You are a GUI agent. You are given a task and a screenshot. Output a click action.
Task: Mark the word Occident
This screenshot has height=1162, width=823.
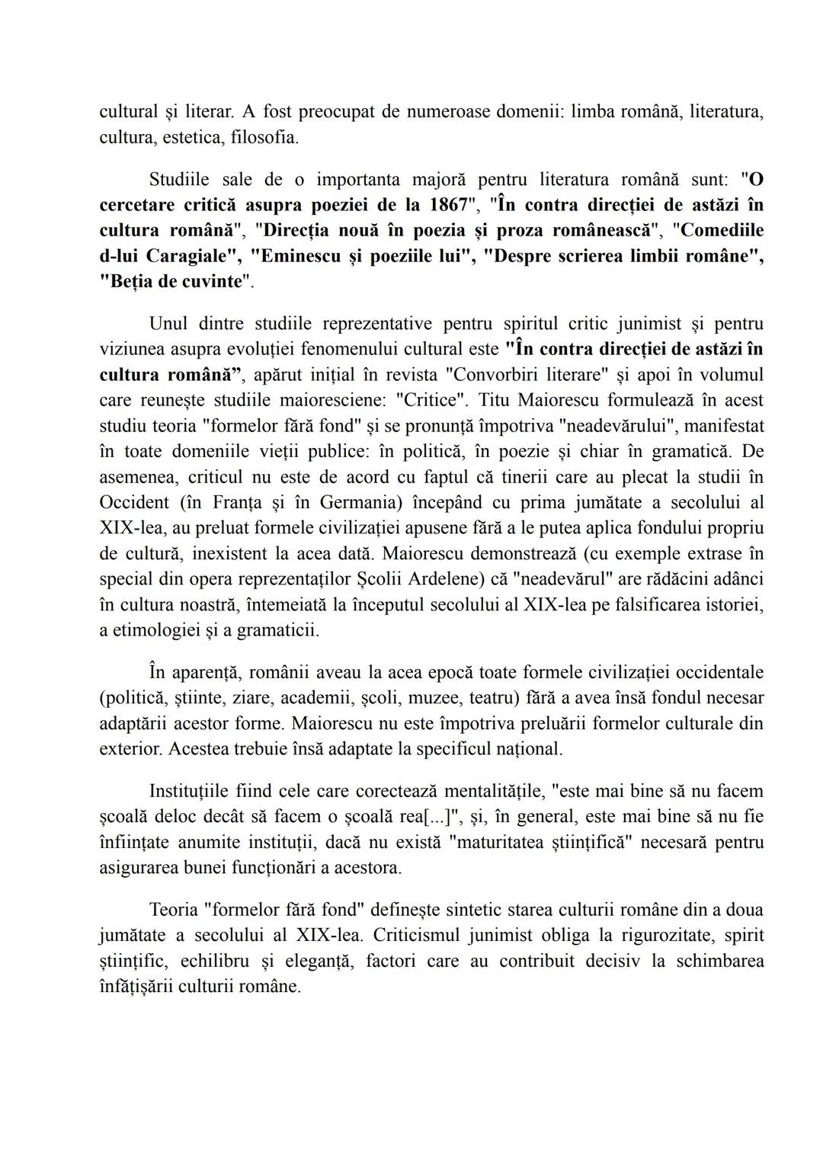coord(134,503)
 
